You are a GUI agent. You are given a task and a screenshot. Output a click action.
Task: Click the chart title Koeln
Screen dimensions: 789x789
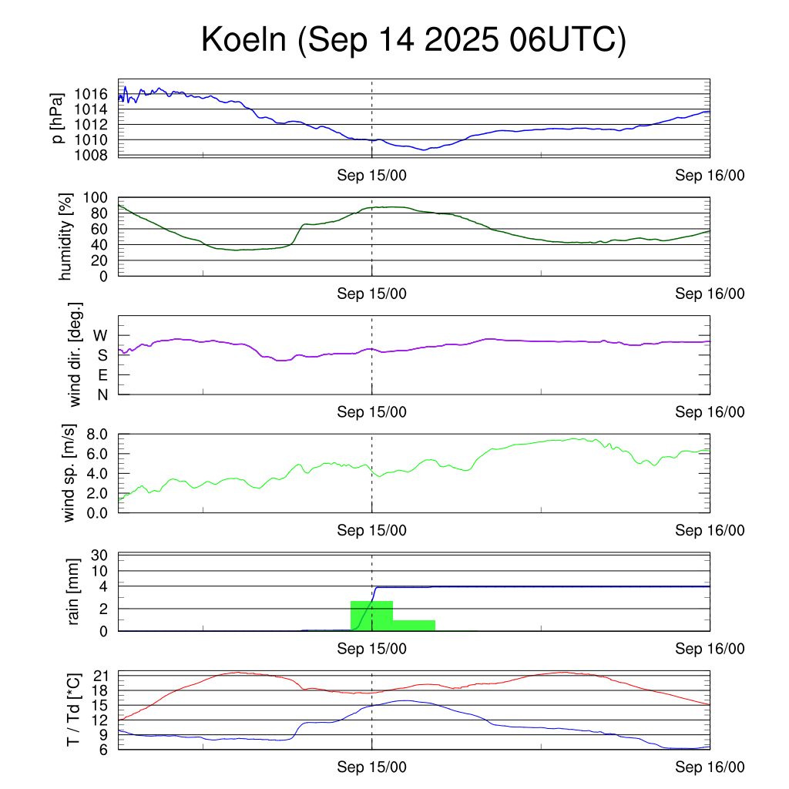(247, 40)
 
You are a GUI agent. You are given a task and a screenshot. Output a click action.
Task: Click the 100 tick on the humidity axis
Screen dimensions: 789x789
(96, 197)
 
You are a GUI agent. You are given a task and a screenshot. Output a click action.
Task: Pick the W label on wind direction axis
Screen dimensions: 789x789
(101, 335)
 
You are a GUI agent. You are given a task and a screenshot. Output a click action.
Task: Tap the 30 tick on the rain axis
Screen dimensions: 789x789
(99, 555)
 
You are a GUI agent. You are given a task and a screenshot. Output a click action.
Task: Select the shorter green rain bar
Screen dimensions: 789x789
(414, 625)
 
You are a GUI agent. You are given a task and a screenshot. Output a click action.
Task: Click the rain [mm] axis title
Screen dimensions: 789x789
(75, 592)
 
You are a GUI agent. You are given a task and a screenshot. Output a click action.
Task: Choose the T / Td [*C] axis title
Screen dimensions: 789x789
(73, 710)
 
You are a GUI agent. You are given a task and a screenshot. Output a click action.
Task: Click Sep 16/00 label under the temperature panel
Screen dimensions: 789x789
(710, 767)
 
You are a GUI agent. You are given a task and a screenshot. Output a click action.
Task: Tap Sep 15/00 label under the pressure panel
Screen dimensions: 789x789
(371, 175)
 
